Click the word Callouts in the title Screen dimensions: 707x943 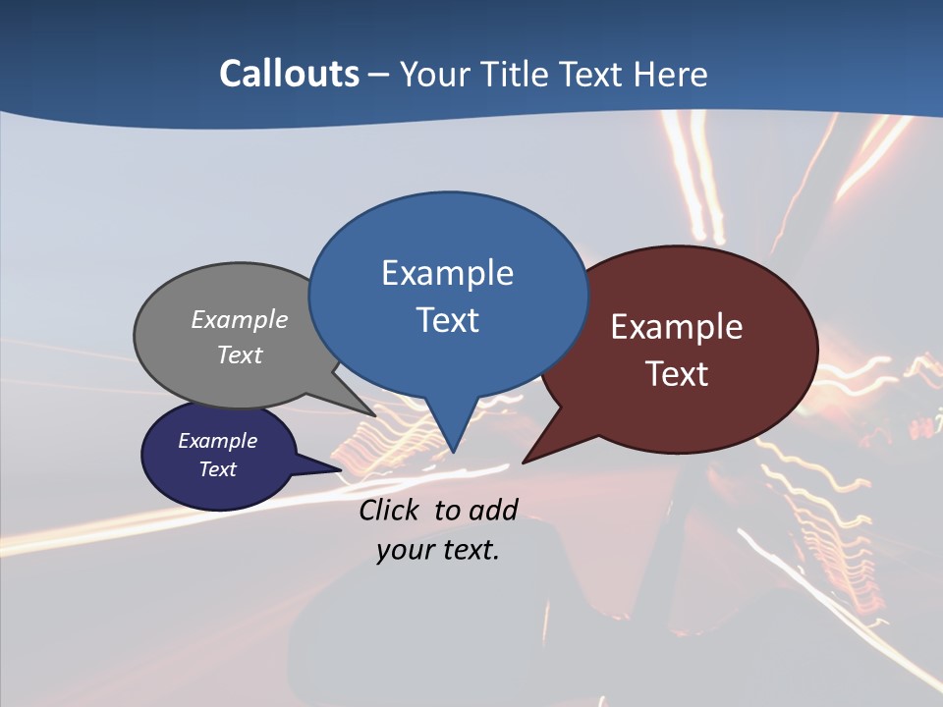[x=289, y=74]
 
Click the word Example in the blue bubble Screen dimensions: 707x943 [x=447, y=273]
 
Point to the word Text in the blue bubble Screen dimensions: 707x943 [x=447, y=320]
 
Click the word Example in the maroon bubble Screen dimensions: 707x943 [x=677, y=327]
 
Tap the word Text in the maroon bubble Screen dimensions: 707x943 [x=677, y=374]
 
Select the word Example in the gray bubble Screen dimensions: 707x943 [x=240, y=320]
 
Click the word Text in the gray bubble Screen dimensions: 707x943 [x=240, y=354]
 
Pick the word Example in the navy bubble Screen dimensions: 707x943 [x=218, y=441]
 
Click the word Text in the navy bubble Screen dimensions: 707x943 [x=218, y=469]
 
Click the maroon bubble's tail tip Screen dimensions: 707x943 [x=524, y=462]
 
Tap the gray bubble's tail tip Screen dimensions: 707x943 [x=373, y=415]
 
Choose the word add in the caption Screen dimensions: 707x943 [x=492, y=510]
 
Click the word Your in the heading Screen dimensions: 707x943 [x=432, y=74]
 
